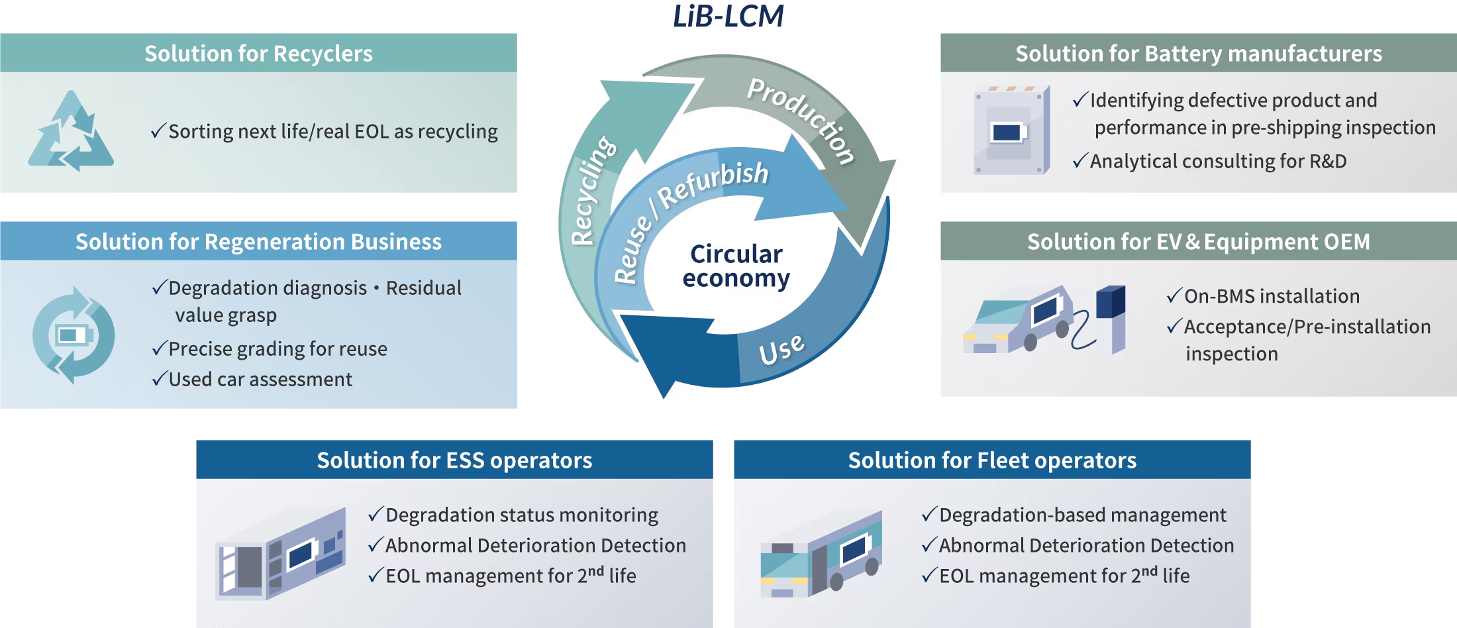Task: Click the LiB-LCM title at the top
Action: (728, 17)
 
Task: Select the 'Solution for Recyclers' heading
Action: (258, 54)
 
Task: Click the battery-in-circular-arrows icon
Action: (73, 335)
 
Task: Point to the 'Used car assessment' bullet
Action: (260, 380)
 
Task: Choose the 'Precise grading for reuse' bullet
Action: (277, 349)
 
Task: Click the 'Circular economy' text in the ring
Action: (736, 266)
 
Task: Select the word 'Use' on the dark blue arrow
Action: (781, 350)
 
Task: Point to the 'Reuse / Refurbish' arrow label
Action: (689, 212)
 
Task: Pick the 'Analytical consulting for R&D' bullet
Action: (1217, 162)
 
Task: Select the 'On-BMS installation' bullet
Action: (1271, 296)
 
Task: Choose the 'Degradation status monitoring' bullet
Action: (521, 515)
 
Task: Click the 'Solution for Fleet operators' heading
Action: (992, 460)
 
